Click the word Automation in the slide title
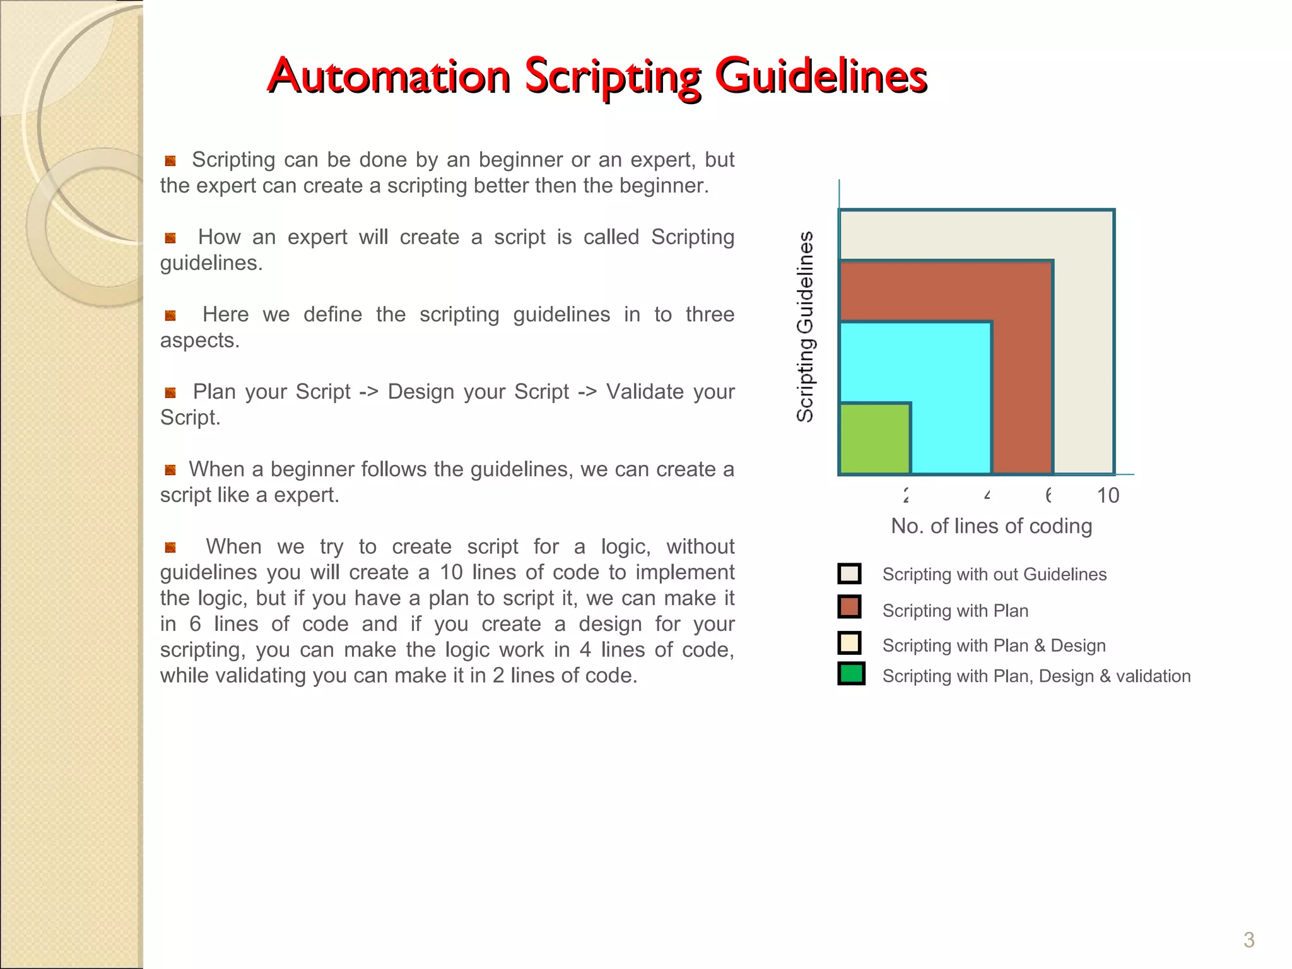click(389, 76)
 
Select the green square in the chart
click(875, 438)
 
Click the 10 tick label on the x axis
click(1108, 496)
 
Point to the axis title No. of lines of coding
click(991, 526)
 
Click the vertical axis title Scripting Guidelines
click(805, 327)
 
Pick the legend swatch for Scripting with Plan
click(850, 607)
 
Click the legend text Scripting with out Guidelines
click(994, 575)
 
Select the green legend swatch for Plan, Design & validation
click(851, 674)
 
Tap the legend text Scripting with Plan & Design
click(994, 646)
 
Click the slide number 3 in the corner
click(1248, 940)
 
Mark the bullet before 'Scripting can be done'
click(170, 161)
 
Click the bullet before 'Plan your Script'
click(170, 393)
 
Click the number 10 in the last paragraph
click(451, 572)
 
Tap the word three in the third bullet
click(710, 314)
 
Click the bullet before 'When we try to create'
click(170, 548)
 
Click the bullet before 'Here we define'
click(170, 315)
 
